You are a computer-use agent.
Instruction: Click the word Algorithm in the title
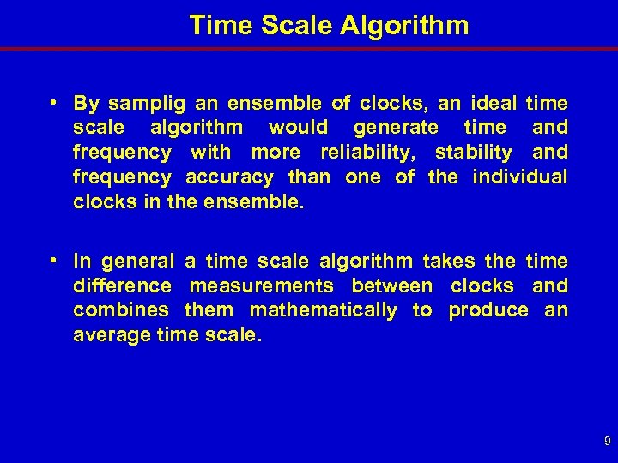coord(404,25)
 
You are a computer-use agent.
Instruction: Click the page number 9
coord(608,442)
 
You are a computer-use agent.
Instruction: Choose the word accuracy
coord(229,177)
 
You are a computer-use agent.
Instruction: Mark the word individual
coord(519,177)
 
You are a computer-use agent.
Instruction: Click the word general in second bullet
coord(138,261)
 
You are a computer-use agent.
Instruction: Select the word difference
coord(122,286)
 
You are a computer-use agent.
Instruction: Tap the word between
coord(392,286)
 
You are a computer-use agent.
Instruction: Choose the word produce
coord(488,310)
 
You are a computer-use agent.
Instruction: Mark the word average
coord(109,335)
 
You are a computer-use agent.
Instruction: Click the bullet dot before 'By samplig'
coord(54,103)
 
